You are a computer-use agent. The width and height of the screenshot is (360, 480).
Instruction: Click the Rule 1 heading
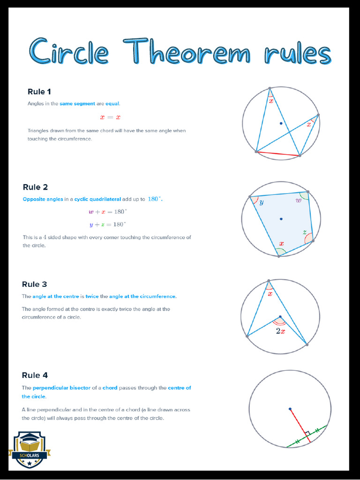(36, 91)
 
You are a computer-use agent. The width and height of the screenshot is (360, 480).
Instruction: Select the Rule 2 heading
(35, 187)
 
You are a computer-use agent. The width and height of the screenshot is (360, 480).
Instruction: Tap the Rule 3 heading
(34, 284)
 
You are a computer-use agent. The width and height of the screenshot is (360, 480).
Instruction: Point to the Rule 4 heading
(35, 375)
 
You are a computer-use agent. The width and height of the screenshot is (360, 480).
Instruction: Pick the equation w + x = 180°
(107, 212)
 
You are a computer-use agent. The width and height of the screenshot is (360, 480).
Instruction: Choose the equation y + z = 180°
(107, 225)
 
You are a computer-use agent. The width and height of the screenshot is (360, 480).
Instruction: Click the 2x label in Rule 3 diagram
(280, 331)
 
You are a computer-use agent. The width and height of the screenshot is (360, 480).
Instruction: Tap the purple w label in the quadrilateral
(298, 201)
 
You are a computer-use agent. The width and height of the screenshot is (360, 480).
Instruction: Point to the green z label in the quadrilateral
(304, 232)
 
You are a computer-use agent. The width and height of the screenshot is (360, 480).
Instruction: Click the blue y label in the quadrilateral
(261, 202)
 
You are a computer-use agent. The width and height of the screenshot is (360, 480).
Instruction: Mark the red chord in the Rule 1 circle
(278, 153)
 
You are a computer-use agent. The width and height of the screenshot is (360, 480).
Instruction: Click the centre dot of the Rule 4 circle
(290, 409)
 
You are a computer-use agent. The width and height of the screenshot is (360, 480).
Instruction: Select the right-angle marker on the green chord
(307, 434)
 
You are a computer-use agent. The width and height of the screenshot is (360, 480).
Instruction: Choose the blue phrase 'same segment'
(77, 103)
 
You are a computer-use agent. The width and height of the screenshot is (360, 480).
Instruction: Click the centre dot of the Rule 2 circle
(281, 218)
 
